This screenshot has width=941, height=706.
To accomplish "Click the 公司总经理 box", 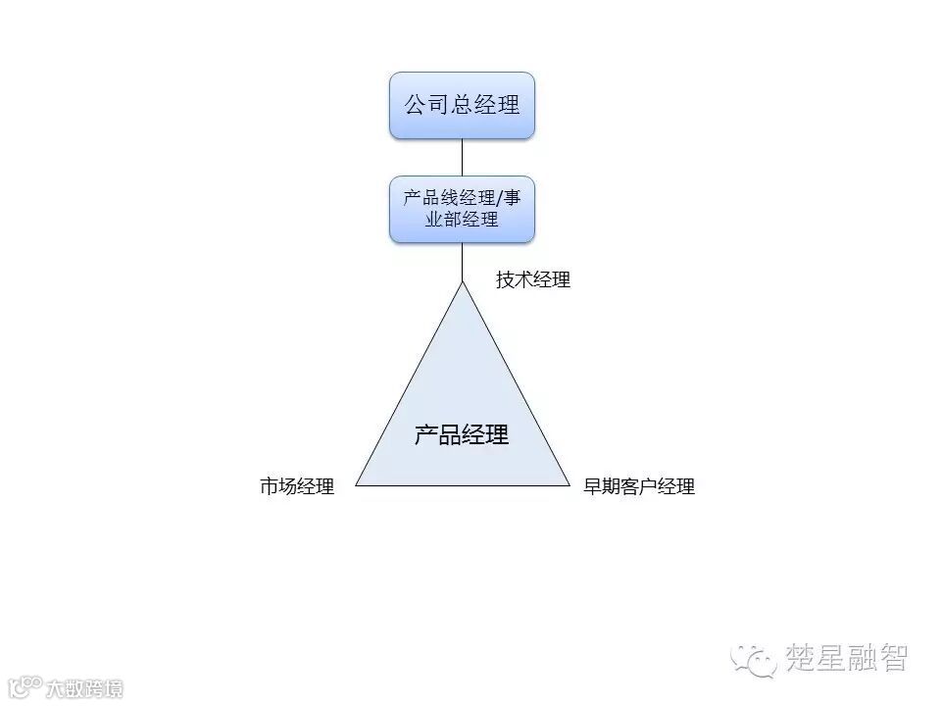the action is click(x=462, y=105).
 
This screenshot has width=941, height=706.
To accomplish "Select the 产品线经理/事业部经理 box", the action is click(x=462, y=208).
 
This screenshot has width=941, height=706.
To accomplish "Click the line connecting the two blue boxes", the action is click(x=462, y=156).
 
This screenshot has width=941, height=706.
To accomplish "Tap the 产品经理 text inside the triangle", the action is click(x=462, y=434).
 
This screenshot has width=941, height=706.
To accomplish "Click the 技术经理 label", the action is click(x=532, y=280).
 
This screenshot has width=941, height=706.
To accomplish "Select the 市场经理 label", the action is click(x=297, y=486).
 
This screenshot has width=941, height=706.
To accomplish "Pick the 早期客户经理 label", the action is click(x=639, y=486).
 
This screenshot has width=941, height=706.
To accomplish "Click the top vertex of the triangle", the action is click(x=462, y=283).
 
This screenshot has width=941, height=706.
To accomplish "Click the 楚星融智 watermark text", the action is click(x=847, y=657).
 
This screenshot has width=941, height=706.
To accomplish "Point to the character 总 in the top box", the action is click(x=462, y=105).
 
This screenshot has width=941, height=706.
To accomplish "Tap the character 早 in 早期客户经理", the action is click(x=593, y=486).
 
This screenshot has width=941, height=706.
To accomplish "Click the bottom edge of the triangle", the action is click(x=462, y=485).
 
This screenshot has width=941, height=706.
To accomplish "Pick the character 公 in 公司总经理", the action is click(x=416, y=105).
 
